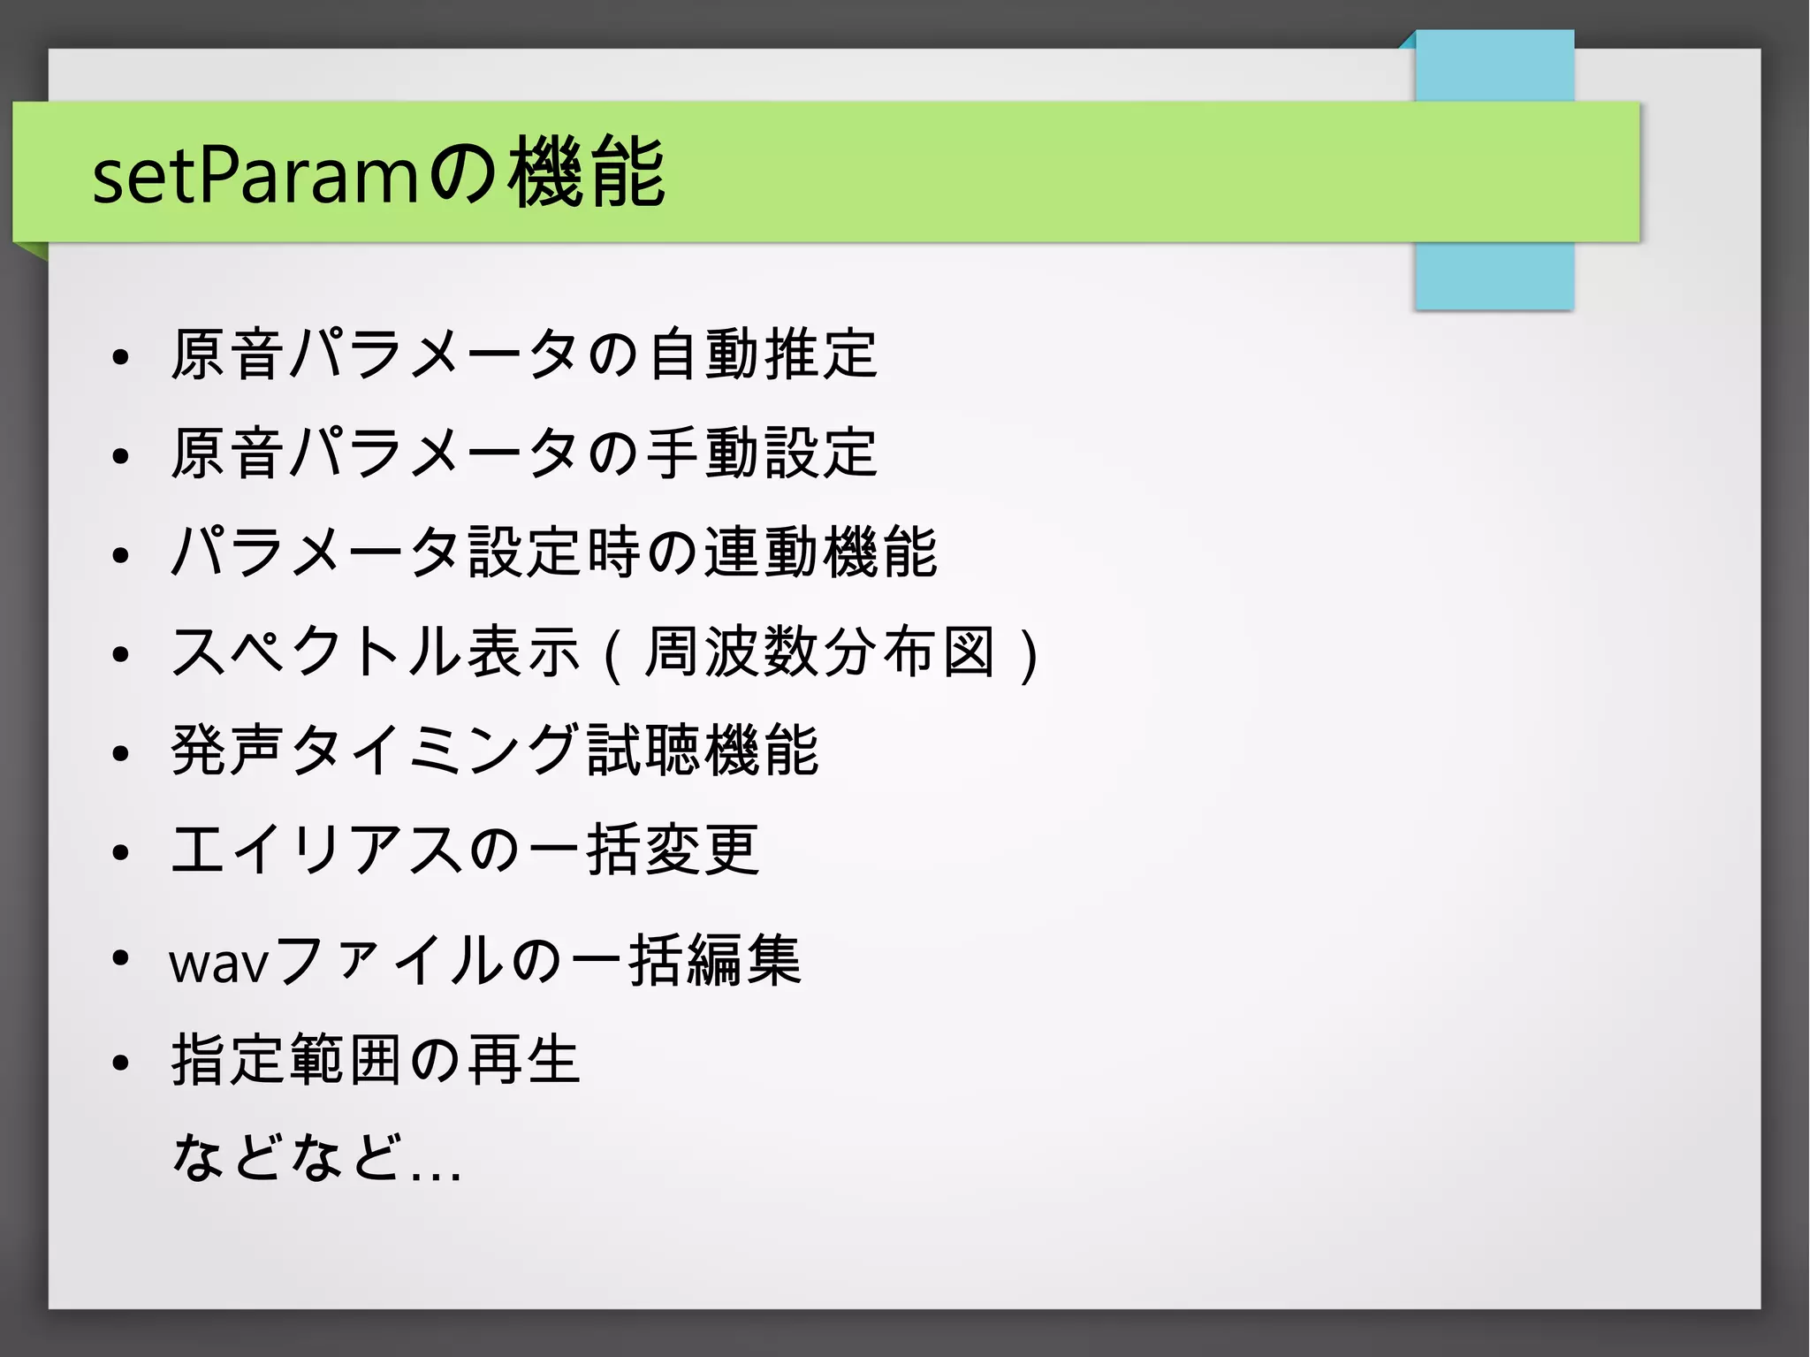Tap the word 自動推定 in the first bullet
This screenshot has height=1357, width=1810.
point(762,354)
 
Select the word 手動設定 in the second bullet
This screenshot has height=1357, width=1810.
point(762,454)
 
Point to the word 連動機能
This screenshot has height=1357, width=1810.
point(820,553)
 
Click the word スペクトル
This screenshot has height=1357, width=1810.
point(316,652)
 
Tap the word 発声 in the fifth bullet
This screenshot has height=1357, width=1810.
point(228,751)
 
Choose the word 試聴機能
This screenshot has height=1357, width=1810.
point(703,751)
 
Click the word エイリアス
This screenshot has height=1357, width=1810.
point(316,850)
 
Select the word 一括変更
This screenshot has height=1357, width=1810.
point(643,850)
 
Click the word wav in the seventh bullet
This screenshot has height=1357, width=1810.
point(218,962)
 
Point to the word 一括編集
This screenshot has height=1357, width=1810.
point(686,960)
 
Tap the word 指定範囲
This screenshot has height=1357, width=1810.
point(287,1060)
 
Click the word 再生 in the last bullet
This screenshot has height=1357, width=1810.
point(523,1060)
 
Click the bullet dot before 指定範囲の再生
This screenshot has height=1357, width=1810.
point(121,1063)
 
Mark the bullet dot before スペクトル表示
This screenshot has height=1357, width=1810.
point(121,654)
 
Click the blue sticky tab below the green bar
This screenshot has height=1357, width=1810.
point(1494,276)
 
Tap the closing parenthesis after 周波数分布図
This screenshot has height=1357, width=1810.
point(1028,654)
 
